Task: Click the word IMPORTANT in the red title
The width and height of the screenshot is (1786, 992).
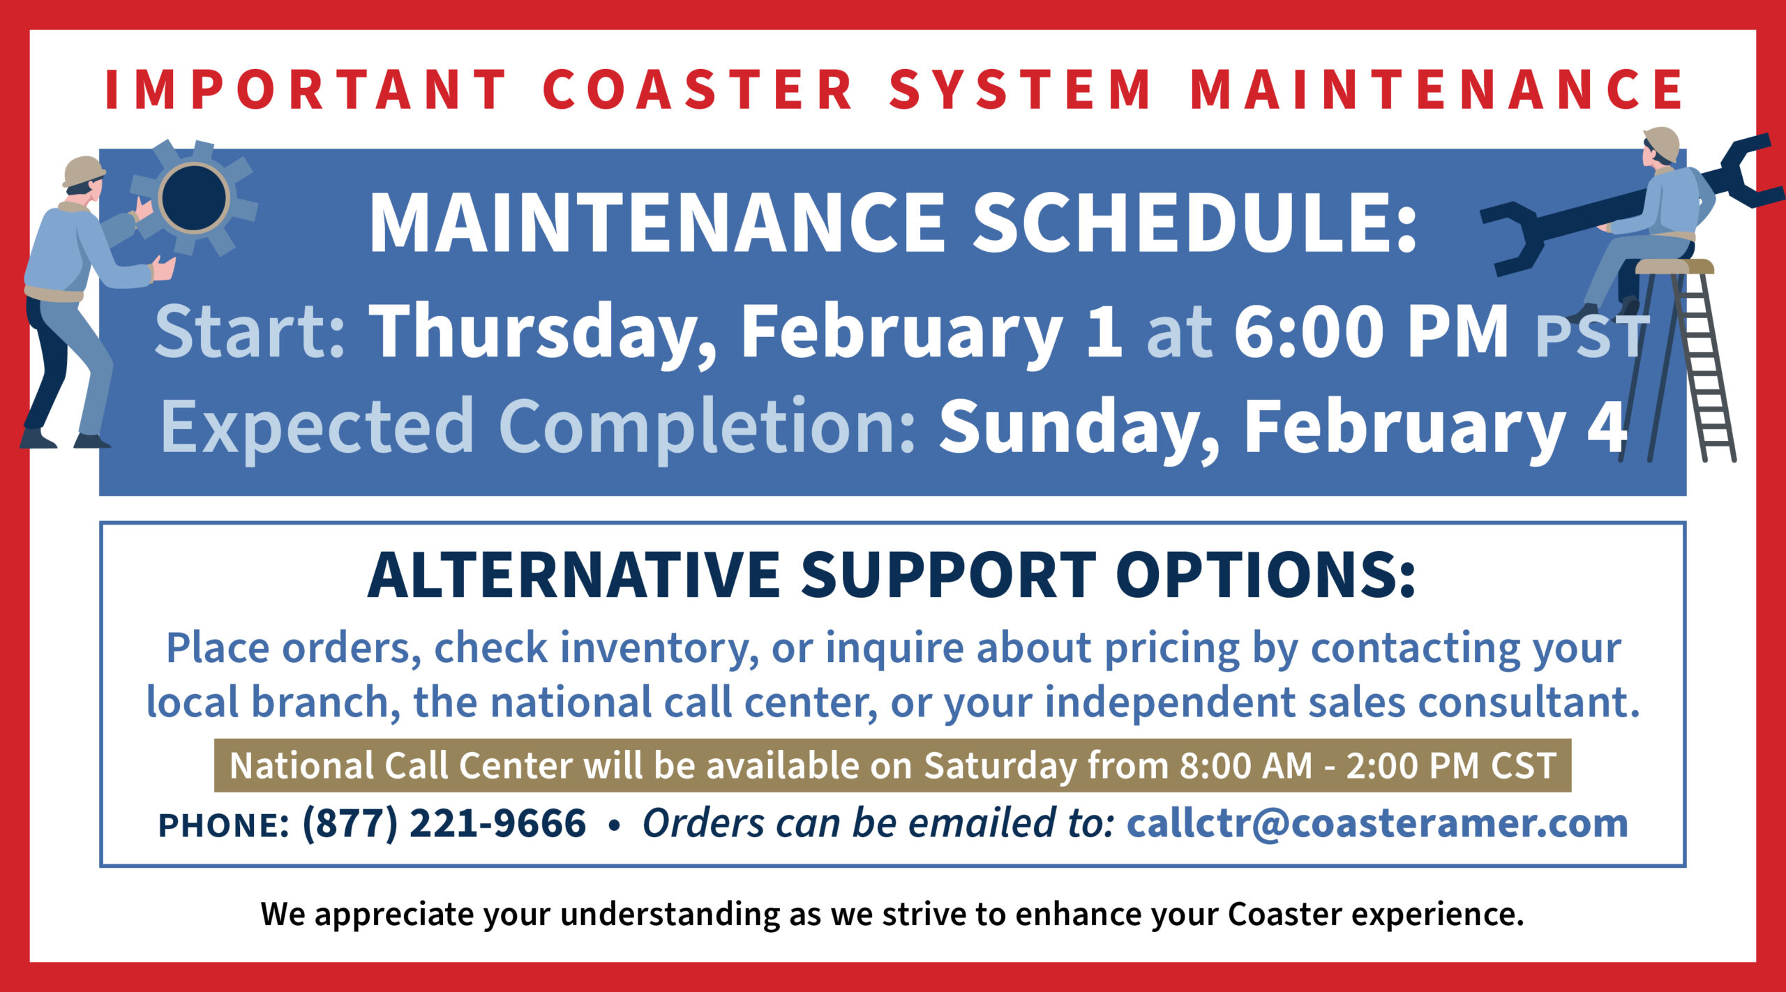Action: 306,89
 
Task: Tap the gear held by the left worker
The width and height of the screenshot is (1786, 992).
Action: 193,197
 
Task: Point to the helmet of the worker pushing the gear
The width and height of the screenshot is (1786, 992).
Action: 83,170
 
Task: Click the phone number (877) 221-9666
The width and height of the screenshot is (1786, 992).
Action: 444,823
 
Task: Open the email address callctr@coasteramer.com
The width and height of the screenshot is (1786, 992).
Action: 1377,823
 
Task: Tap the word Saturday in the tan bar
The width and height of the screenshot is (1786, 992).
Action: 1000,766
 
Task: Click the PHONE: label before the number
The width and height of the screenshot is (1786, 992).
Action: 223,825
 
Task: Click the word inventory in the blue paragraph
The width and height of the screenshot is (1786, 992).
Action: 659,649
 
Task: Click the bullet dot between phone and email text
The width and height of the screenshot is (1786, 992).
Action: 614,825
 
